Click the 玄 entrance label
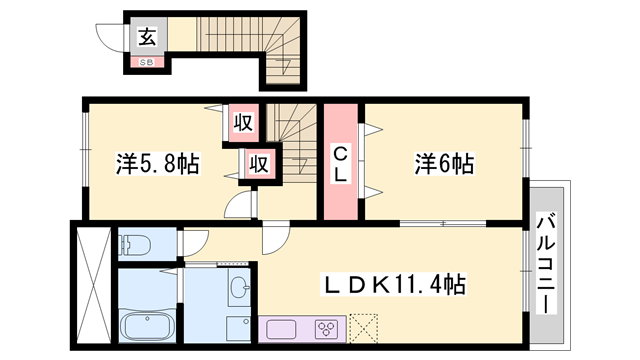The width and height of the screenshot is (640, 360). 147,38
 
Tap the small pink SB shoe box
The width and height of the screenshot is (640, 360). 147,62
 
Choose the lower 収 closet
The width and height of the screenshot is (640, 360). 258,163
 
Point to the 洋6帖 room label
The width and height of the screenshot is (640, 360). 443,163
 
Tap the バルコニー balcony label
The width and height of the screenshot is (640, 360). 548,262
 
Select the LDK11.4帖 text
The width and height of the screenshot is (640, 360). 393,284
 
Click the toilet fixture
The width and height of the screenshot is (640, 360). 135,243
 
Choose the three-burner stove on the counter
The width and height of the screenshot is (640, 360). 326,327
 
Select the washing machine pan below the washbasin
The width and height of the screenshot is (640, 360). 238,328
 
